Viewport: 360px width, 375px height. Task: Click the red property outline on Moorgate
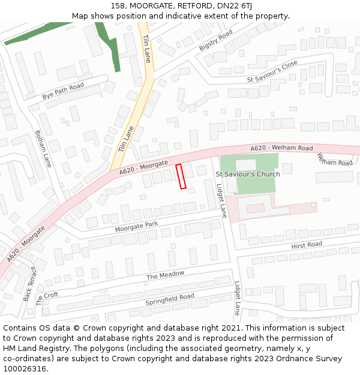tap(181, 176)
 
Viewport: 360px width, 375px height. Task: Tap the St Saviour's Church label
tap(247, 174)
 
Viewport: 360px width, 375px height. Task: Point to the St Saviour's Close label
tap(272, 71)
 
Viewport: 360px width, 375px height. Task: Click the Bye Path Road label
tap(62, 92)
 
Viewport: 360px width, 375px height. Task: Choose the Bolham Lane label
tap(43, 148)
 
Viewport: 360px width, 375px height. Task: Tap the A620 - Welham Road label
tap(281, 148)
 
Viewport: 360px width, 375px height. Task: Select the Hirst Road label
tap(306, 245)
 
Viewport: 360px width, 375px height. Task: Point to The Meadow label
tap(165, 275)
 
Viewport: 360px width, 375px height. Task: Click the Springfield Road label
tap(169, 299)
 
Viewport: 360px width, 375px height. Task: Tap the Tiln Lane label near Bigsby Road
tap(147, 48)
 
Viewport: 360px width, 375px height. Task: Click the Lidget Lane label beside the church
tap(221, 200)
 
